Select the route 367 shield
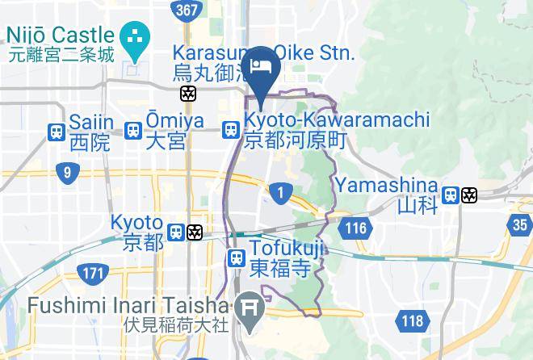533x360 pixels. coord(187,9)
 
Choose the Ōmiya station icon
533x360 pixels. coord(134,130)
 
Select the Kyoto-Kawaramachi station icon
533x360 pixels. coord(231,130)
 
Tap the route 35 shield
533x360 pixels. coord(521,224)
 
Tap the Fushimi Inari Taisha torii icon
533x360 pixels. coord(247,306)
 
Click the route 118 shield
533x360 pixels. coord(412,321)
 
